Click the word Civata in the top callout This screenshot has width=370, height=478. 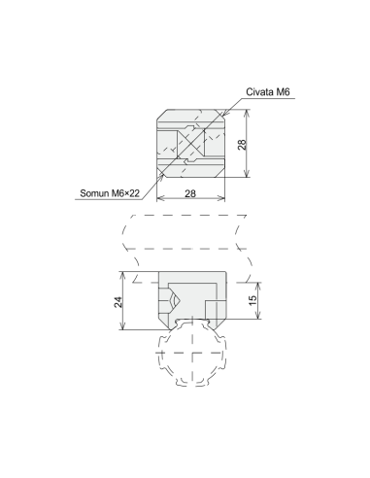click(259, 92)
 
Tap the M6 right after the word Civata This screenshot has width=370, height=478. click(283, 92)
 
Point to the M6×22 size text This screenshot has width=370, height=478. click(125, 193)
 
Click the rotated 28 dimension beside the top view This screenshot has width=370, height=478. click(242, 144)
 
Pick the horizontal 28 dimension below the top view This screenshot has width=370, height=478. click(190, 193)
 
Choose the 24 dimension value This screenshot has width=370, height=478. click(118, 302)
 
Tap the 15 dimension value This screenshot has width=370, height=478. click(253, 299)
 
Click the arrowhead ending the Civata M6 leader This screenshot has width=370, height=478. click(222, 113)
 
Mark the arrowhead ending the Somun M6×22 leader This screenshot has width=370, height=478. click(162, 175)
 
